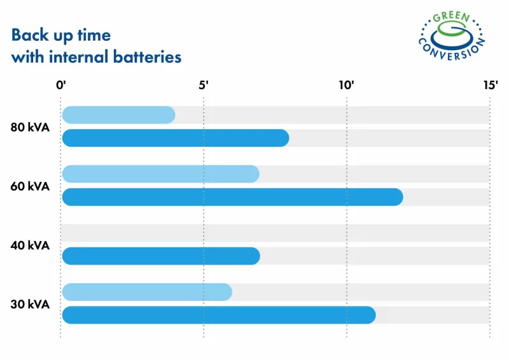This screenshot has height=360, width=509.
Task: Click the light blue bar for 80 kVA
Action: coord(118,115)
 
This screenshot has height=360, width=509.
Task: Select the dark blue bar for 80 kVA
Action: coord(175,138)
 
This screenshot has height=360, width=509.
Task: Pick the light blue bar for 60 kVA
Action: coord(160,174)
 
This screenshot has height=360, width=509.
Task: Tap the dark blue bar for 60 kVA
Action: coord(232,197)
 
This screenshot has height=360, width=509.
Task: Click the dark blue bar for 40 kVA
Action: coord(160,256)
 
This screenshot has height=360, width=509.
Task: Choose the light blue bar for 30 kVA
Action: coord(147,292)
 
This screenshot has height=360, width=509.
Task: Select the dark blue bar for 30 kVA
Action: coord(218,315)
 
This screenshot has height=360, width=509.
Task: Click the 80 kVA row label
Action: coord(30,127)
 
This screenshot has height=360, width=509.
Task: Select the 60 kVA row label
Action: coord(30,186)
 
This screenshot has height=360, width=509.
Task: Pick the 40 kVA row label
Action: coord(30,245)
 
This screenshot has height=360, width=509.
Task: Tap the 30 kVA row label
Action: coord(30,304)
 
